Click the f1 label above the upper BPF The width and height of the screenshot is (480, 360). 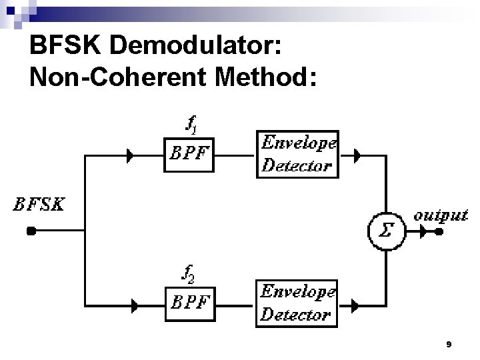tap(190, 124)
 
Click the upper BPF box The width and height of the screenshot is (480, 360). tap(190, 155)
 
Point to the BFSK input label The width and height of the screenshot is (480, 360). tap(38, 205)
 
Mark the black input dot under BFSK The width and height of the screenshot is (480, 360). tap(31, 232)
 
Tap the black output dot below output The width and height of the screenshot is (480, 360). tap(439, 233)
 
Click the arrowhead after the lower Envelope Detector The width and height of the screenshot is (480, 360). tap(355, 306)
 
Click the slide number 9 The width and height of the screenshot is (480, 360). tap(449, 344)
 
